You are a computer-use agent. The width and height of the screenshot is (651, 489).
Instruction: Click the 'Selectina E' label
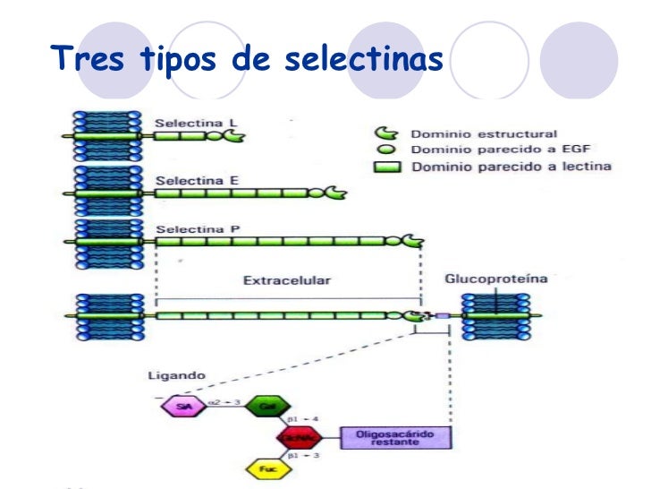[186, 179]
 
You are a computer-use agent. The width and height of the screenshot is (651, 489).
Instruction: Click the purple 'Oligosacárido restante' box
[393, 438]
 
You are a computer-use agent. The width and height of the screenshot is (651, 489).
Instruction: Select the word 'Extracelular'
[286, 280]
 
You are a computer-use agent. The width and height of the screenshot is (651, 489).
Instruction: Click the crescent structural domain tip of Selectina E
[337, 192]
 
